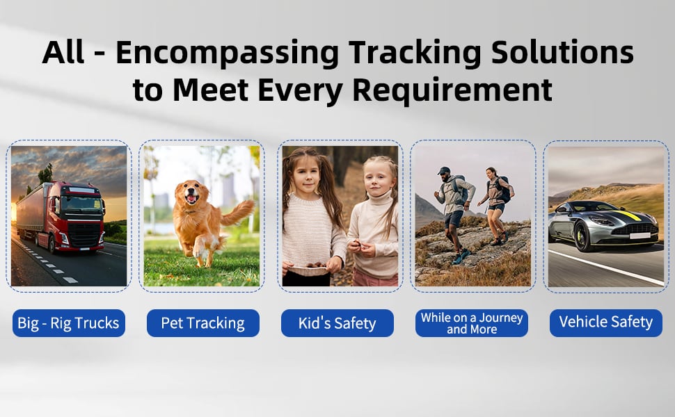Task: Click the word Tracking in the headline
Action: [415, 52]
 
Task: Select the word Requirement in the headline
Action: [452, 90]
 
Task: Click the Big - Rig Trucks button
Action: [69, 323]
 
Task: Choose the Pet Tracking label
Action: [202, 323]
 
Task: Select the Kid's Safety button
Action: [337, 323]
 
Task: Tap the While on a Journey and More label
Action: [471, 323]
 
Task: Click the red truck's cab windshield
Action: [81, 204]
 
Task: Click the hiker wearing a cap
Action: [453, 213]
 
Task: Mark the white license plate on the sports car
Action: [640, 236]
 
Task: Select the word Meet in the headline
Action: [211, 90]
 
